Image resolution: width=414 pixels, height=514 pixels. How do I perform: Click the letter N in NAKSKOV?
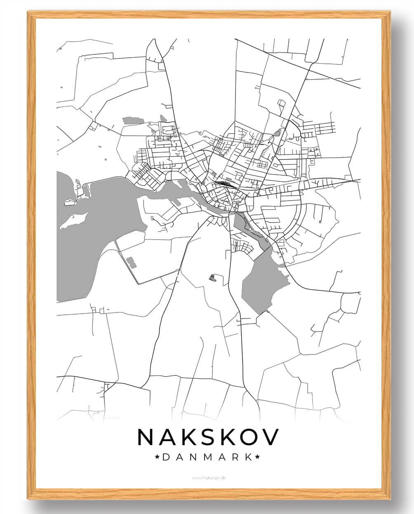(146, 437)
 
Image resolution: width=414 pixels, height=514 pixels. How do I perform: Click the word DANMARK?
(207, 457)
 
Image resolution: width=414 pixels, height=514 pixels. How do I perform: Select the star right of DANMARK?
(258, 457)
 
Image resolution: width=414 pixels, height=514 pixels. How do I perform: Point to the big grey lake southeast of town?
(264, 284)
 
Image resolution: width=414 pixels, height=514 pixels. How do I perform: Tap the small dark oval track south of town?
(213, 278)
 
